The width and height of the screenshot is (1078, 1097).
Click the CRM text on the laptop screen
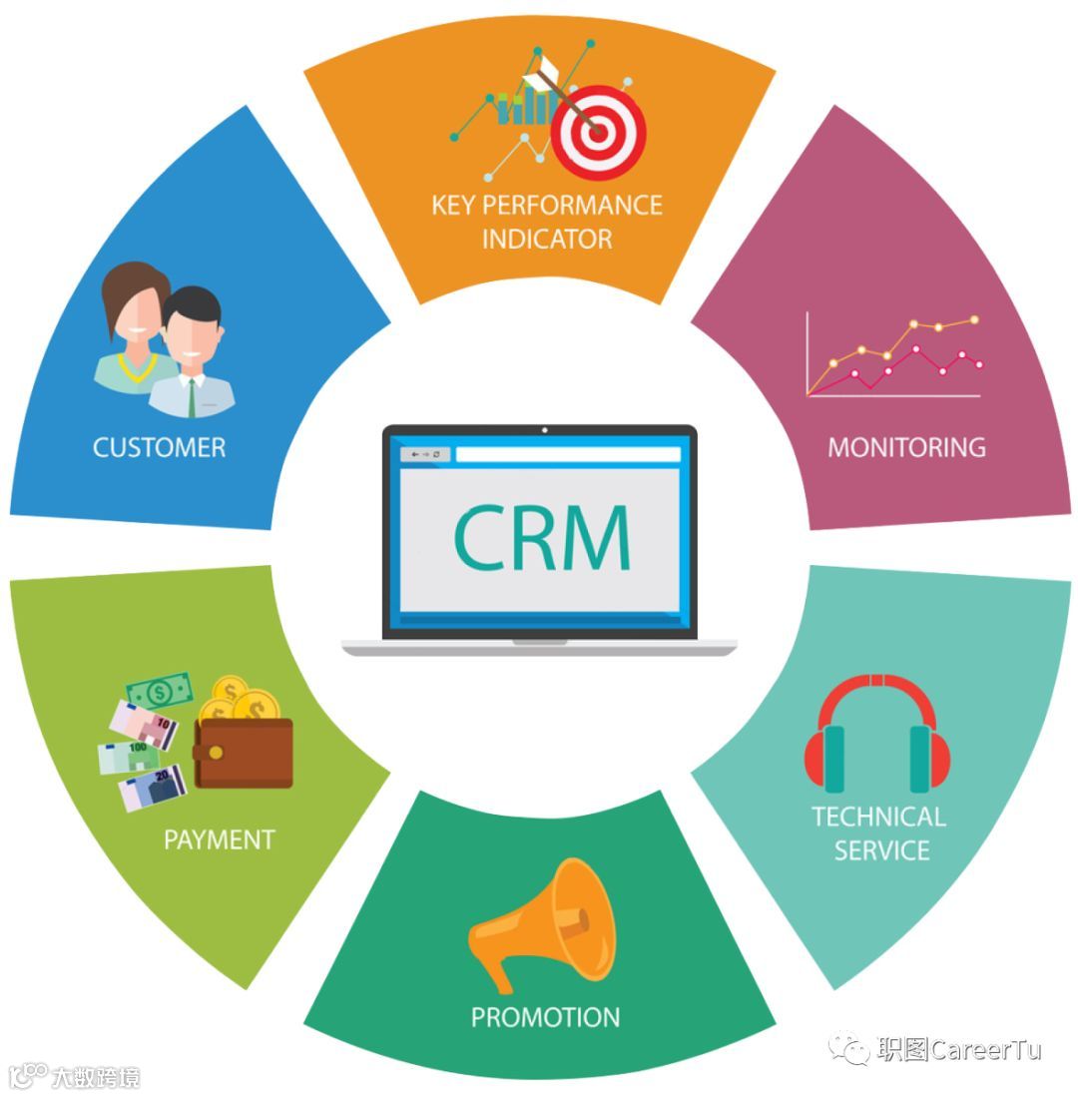(542, 537)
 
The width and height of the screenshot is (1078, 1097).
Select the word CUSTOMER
(159, 447)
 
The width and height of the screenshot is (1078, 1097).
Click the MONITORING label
(906, 446)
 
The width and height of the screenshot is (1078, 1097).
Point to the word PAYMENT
(219, 839)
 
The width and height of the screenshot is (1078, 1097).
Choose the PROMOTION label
(545, 1017)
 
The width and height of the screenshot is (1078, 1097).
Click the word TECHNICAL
(878, 817)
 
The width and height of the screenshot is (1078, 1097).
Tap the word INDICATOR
(546, 240)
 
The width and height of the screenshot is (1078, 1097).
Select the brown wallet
(244, 753)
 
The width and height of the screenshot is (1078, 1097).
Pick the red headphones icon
(877, 734)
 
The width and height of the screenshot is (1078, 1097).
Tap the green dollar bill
(160, 691)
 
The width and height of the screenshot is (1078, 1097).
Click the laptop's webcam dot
(544, 430)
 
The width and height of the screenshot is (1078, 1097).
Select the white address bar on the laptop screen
(568, 455)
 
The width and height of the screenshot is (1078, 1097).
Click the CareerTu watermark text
(959, 1050)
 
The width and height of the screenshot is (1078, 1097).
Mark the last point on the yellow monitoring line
(974, 319)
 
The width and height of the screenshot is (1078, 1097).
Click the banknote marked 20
(153, 789)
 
